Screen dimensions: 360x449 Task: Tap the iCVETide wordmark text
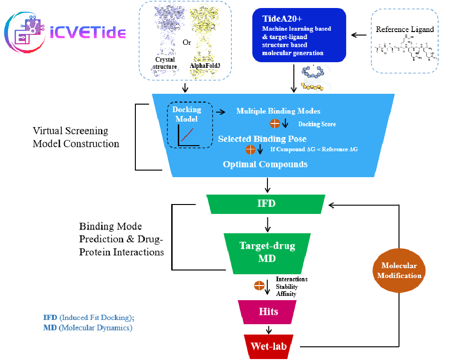(x=88, y=33)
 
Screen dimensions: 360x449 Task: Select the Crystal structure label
(x=165, y=63)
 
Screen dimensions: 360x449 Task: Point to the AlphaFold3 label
(x=205, y=66)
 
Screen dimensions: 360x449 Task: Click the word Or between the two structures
(x=187, y=42)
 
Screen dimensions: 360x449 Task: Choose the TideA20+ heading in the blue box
(x=282, y=19)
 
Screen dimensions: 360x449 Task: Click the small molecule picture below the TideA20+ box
(x=316, y=78)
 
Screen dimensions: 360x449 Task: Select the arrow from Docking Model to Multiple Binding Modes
(x=220, y=112)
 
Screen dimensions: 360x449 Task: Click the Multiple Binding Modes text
(x=278, y=111)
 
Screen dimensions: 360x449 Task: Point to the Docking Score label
(x=317, y=124)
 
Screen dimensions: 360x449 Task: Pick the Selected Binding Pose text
(x=262, y=139)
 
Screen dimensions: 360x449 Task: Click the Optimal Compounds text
(x=265, y=164)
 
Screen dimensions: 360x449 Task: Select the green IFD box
(x=266, y=204)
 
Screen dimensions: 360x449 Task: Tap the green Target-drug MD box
(x=267, y=253)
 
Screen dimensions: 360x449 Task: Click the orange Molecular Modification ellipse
(x=399, y=270)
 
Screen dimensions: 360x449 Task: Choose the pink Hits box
(x=268, y=312)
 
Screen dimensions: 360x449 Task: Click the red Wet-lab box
(x=268, y=347)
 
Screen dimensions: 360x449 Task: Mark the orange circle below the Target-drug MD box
(x=259, y=286)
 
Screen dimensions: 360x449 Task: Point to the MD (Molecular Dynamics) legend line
(x=88, y=327)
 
